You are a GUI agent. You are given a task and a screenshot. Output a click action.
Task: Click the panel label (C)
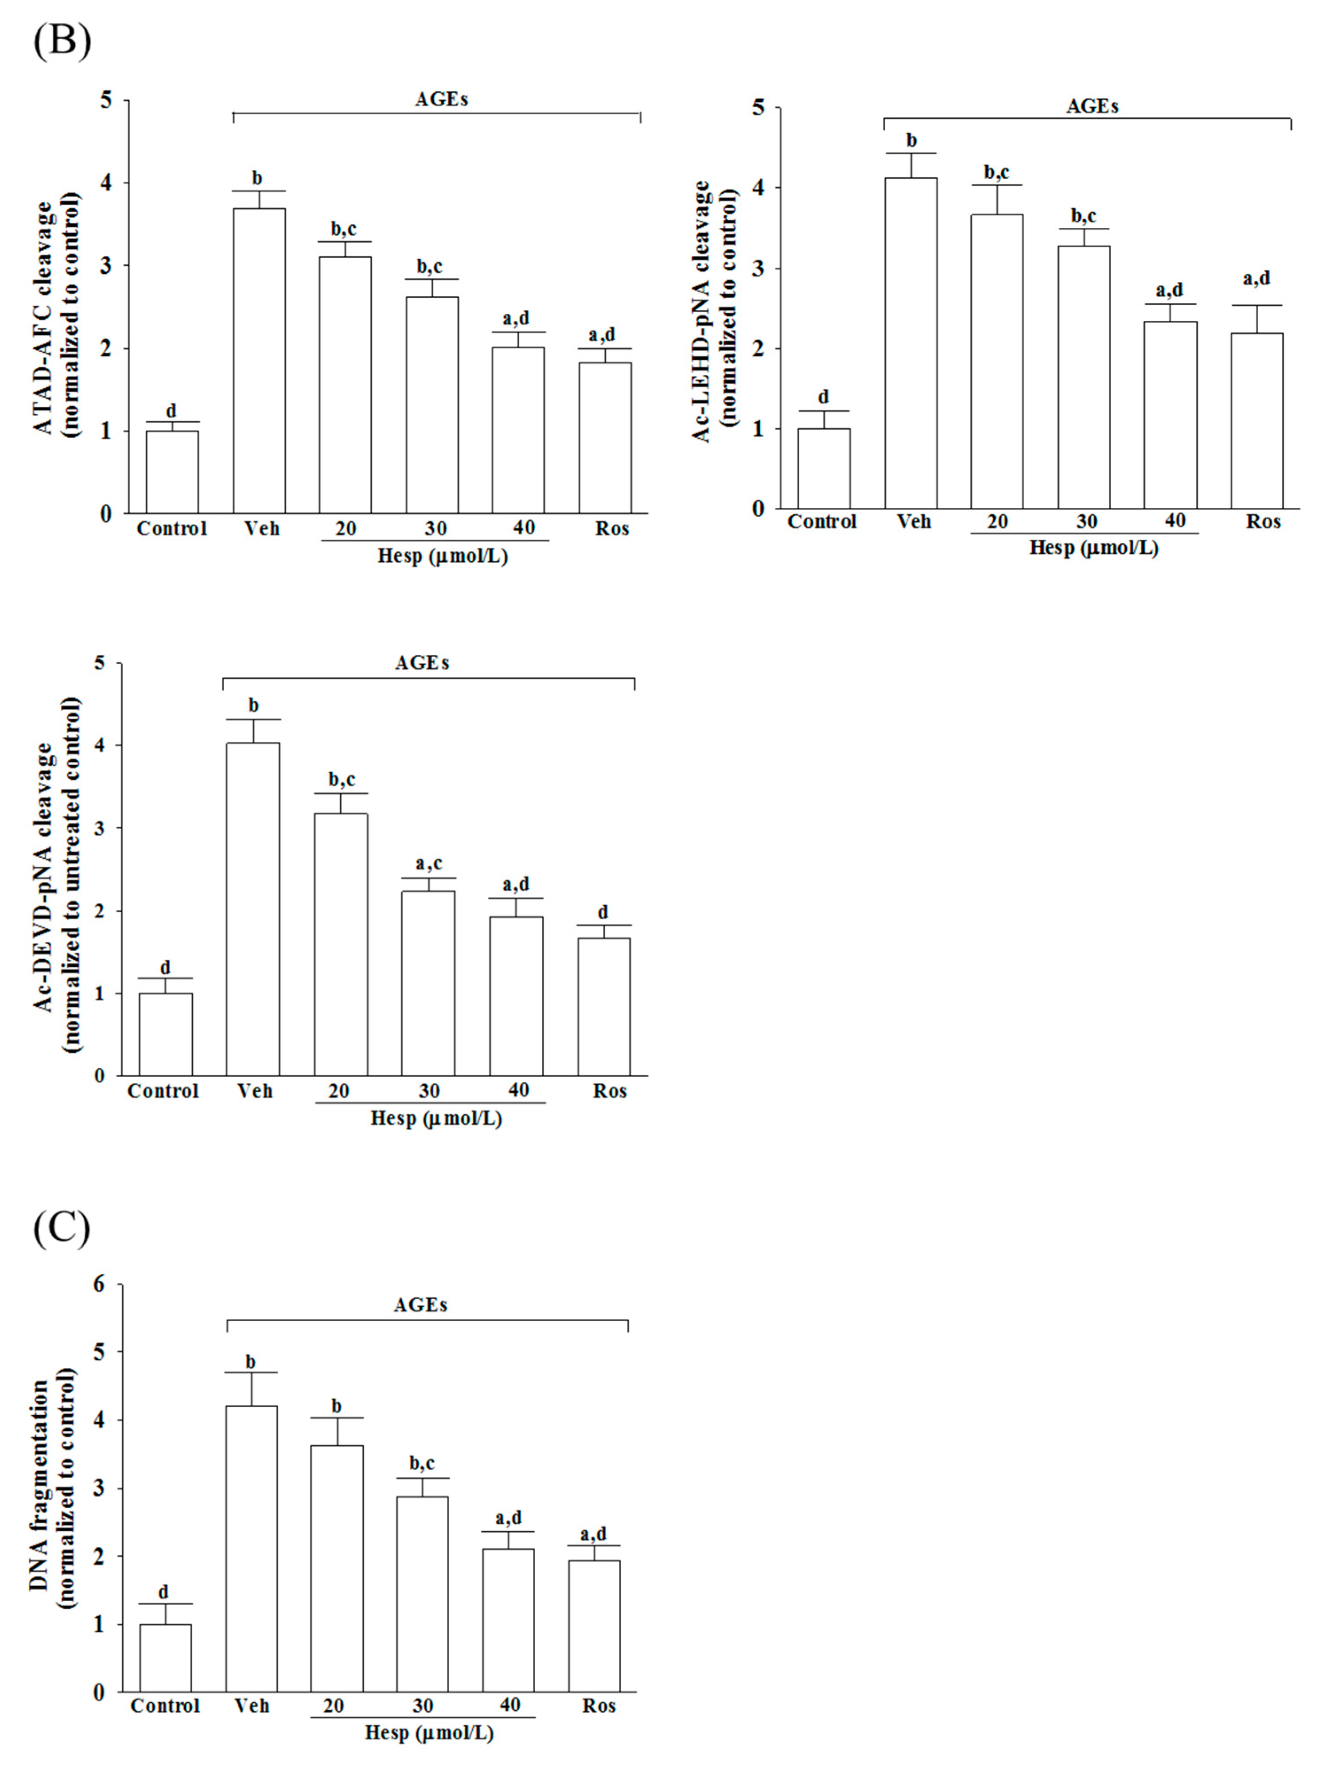pos(62,1230)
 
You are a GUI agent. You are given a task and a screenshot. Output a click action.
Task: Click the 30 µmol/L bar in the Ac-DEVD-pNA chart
pos(428,983)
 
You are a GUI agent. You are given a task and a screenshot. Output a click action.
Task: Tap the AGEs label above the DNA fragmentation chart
pos(420,1304)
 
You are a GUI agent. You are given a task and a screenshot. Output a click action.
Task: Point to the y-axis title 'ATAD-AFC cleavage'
pos(47,317)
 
